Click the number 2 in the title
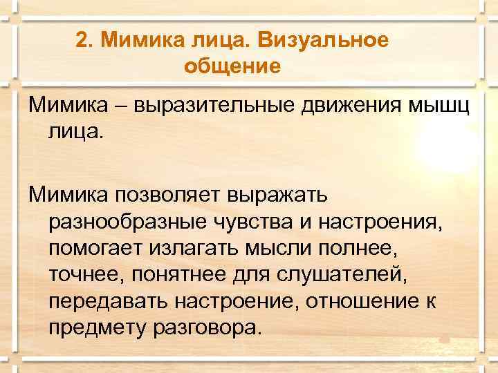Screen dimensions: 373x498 [x=82, y=41]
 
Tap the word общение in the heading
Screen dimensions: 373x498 [x=232, y=67]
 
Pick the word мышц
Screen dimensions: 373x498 [x=434, y=106]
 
